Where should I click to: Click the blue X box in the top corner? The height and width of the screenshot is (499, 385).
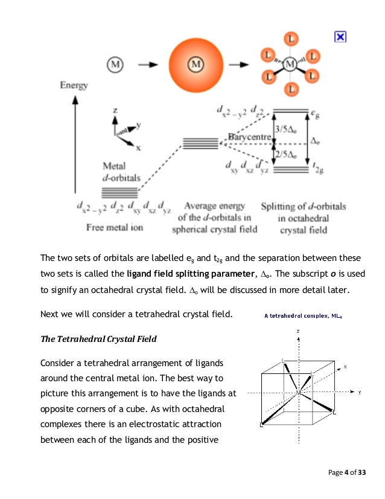click(x=340, y=37)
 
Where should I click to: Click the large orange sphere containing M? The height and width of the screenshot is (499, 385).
click(x=194, y=63)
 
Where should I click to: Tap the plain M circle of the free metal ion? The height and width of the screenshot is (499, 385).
click(x=116, y=63)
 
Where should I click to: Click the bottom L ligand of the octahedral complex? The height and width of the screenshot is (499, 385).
click(x=291, y=89)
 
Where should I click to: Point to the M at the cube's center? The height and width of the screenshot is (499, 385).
click(x=298, y=393)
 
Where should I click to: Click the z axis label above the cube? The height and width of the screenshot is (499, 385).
click(x=297, y=331)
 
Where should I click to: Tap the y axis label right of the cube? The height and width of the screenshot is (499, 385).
click(x=360, y=392)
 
